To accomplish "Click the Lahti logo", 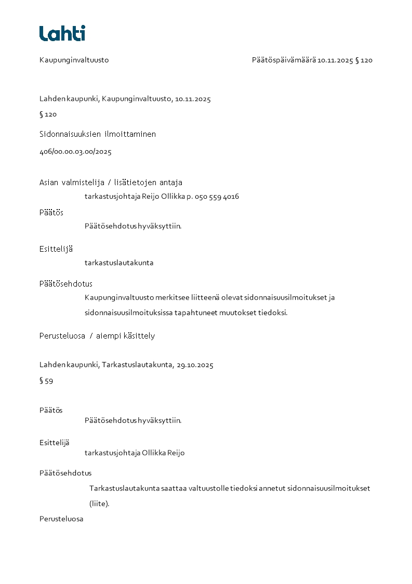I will point(62,33).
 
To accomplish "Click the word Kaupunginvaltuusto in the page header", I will point(74,60).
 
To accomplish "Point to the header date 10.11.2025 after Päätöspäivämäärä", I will point(335,60).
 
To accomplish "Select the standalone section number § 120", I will point(48,114).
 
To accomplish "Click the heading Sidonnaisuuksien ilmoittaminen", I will point(98,134).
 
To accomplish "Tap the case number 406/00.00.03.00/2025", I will point(75,152).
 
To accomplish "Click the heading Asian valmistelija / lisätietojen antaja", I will point(111,183).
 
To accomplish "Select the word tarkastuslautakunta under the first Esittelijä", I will point(119,263).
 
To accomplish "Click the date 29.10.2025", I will point(195,365).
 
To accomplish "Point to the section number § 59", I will point(46,381).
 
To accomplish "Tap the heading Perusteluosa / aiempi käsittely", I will point(97,336).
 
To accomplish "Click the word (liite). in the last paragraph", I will point(99,503).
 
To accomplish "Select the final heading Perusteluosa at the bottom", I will point(61,519).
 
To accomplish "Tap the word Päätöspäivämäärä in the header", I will point(284,60).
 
